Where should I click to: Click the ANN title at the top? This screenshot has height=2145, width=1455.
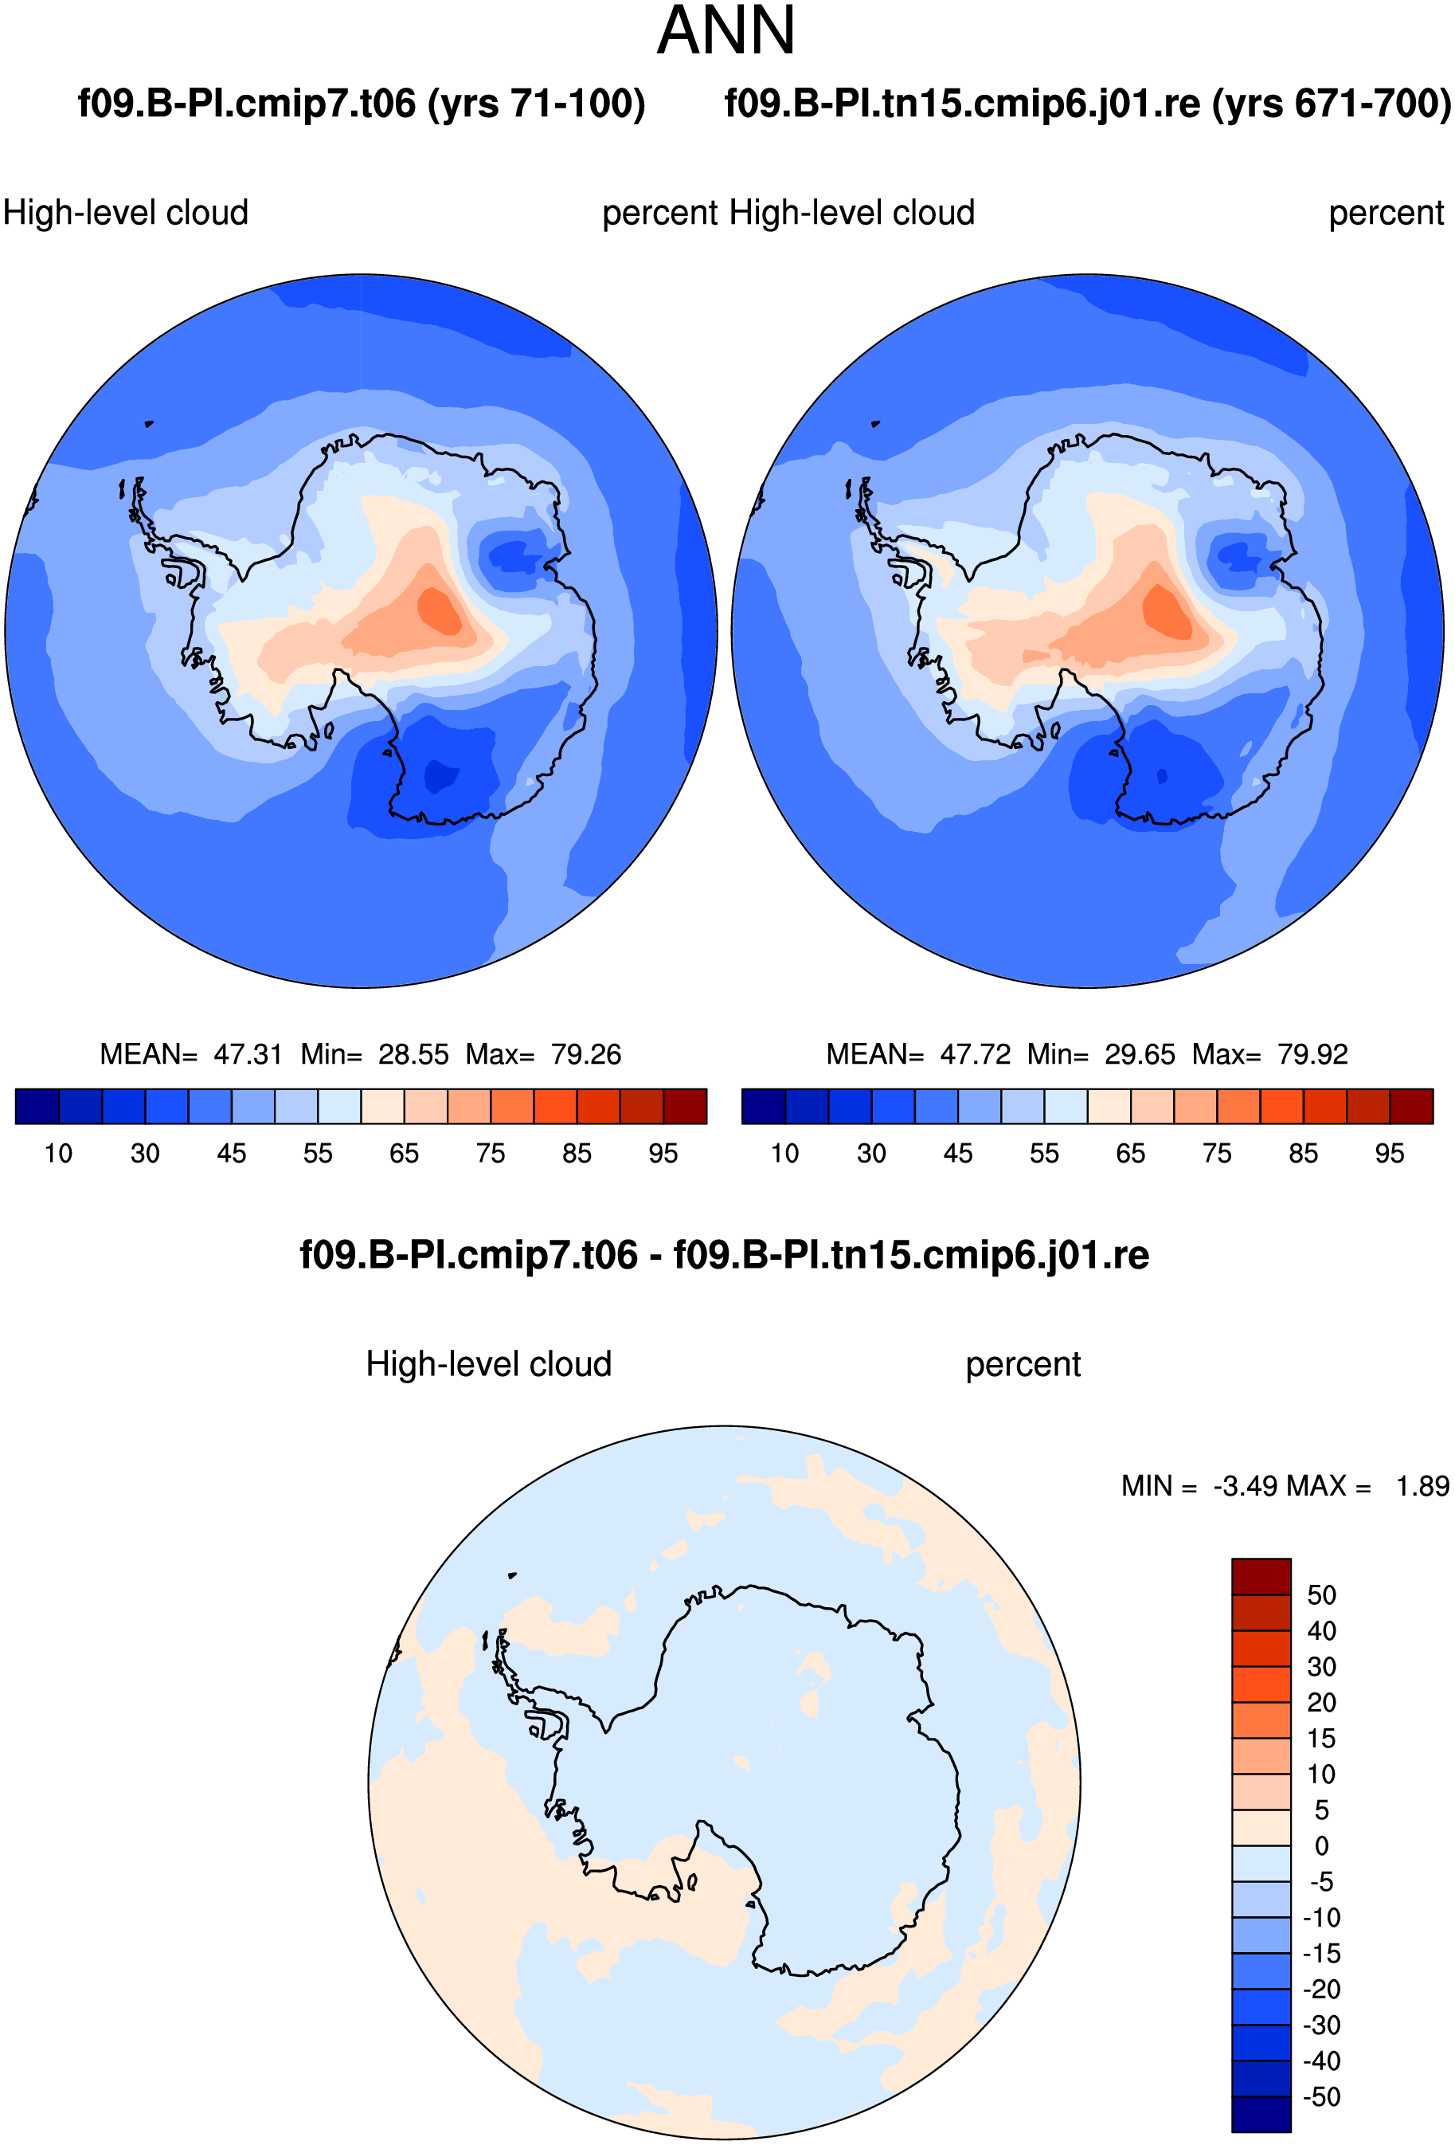pyautogui.click(x=726, y=31)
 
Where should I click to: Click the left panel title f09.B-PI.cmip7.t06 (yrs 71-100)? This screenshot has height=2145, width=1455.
pyautogui.click(x=362, y=104)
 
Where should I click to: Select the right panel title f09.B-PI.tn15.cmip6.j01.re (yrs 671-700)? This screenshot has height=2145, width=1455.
pyautogui.click(x=1088, y=104)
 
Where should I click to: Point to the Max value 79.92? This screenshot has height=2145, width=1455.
pyautogui.click(x=1313, y=1054)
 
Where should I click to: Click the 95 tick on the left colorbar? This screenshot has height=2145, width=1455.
pyautogui.click(x=663, y=1154)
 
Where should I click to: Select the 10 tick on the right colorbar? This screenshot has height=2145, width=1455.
pyautogui.click(x=785, y=1154)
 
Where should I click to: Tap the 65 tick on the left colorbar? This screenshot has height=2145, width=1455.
pyautogui.click(x=404, y=1154)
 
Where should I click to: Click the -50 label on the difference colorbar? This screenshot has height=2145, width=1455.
pyautogui.click(x=1321, y=2097)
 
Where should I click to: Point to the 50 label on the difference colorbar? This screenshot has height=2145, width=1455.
pyautogui.click(x=1322, y=1595)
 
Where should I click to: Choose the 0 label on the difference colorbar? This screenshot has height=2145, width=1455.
pyautogui.click(x=1322, y=1846)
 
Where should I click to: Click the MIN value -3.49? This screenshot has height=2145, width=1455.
pyautogui.click(x=1245, y=1486)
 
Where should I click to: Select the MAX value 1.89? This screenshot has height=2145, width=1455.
pyautogui.click(x=1422, y=1486)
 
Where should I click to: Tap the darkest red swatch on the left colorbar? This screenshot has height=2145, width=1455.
pyautogui.click(x=686, y=1106)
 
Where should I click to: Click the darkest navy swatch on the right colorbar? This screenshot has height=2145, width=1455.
pyautogui.click(x=764, y=1106)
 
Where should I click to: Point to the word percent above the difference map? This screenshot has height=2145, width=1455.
pyautogui.click(x=1023, y=1365)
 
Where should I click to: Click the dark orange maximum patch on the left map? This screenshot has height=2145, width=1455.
pyautogui.click(x=439, y=610)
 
